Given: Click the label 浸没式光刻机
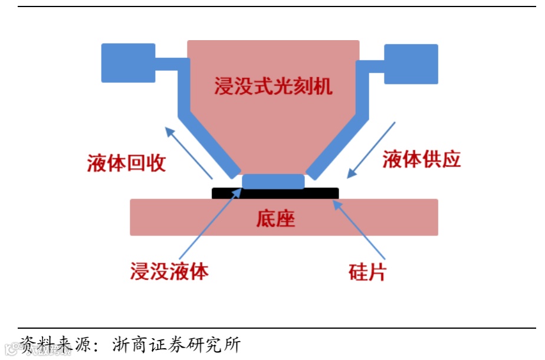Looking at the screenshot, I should [273, 87].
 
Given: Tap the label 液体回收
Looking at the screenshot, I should [126, 163].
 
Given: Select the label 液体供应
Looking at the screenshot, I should [421, 159].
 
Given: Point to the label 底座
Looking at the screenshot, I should [275, 219].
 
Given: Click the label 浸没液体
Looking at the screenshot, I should [169, 271].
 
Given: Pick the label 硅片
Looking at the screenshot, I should [367, 272].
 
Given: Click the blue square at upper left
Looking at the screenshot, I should [128, 63].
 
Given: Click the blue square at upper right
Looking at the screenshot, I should [411, 63].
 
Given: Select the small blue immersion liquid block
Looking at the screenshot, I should [273, 181].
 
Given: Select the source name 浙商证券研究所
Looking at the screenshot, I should [176, 344].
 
